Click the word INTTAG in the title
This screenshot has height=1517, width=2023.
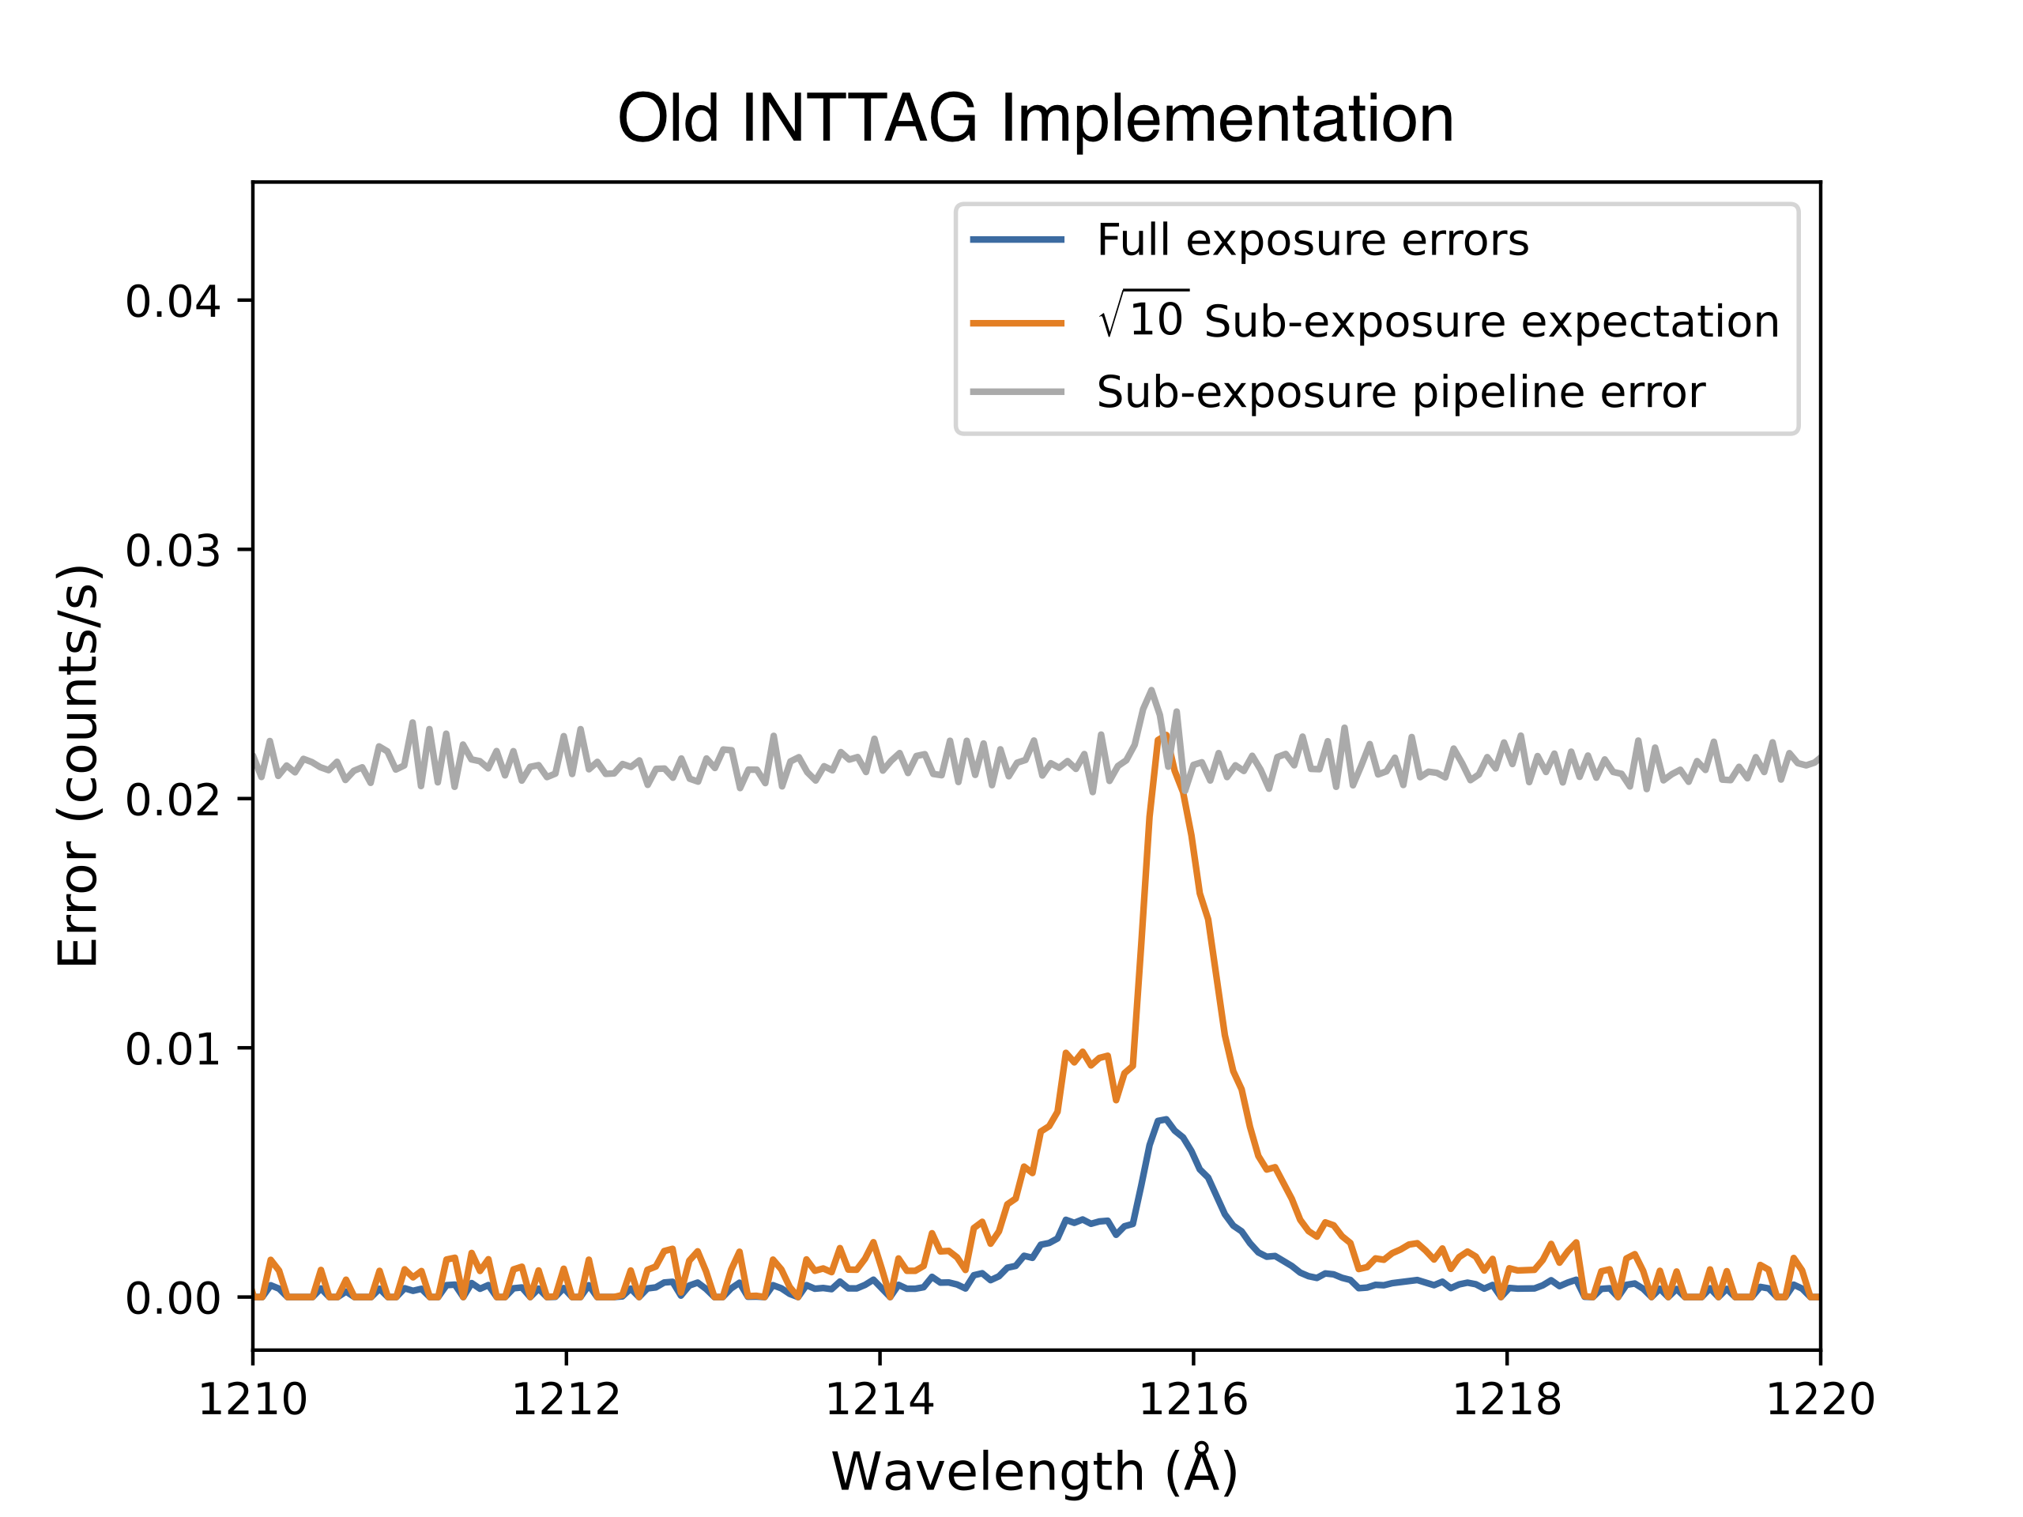[x=859, y=119]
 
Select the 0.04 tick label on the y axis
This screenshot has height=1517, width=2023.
[x=173, y=302]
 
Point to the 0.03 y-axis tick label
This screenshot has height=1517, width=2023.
[x=173, y=551]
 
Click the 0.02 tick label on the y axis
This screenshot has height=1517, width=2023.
[x=173, y=800]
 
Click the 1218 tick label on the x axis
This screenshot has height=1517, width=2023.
[x=1507, y=1400]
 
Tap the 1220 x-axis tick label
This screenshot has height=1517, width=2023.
[x=1820, y=1400]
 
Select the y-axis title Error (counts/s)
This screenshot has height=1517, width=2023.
[x=79, y=766]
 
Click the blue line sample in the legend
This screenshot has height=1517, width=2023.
[x=1017, y=239]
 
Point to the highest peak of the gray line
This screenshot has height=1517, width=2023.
[x=1151, y=691]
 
